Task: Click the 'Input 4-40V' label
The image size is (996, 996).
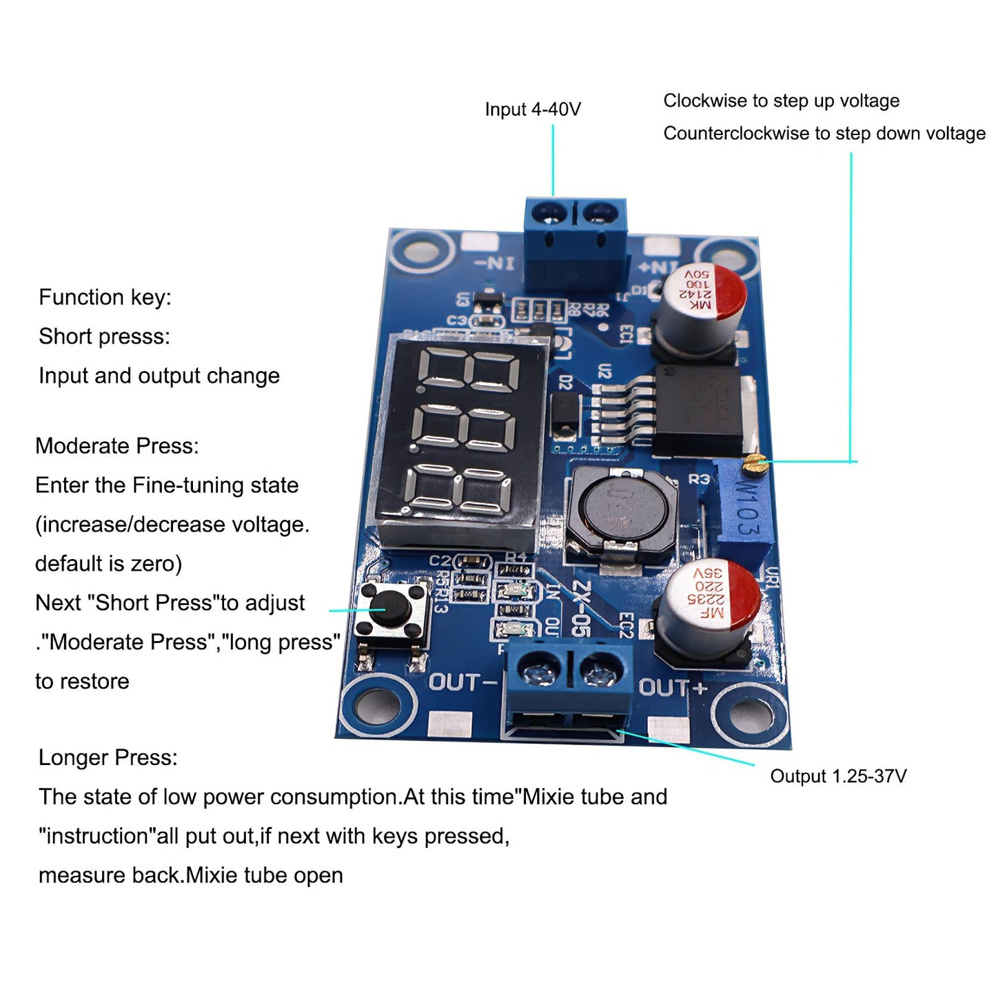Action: tap(532, 110)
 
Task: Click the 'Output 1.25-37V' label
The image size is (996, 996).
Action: tap(837, 776)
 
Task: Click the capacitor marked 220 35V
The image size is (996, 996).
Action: tap(709, 599)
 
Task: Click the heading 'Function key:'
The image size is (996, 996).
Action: tap(105, 297)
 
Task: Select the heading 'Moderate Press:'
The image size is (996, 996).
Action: tap(116, 446)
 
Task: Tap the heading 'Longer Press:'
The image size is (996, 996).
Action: tap(108, 758)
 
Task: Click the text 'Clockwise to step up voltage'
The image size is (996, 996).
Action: tap(781, 101)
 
